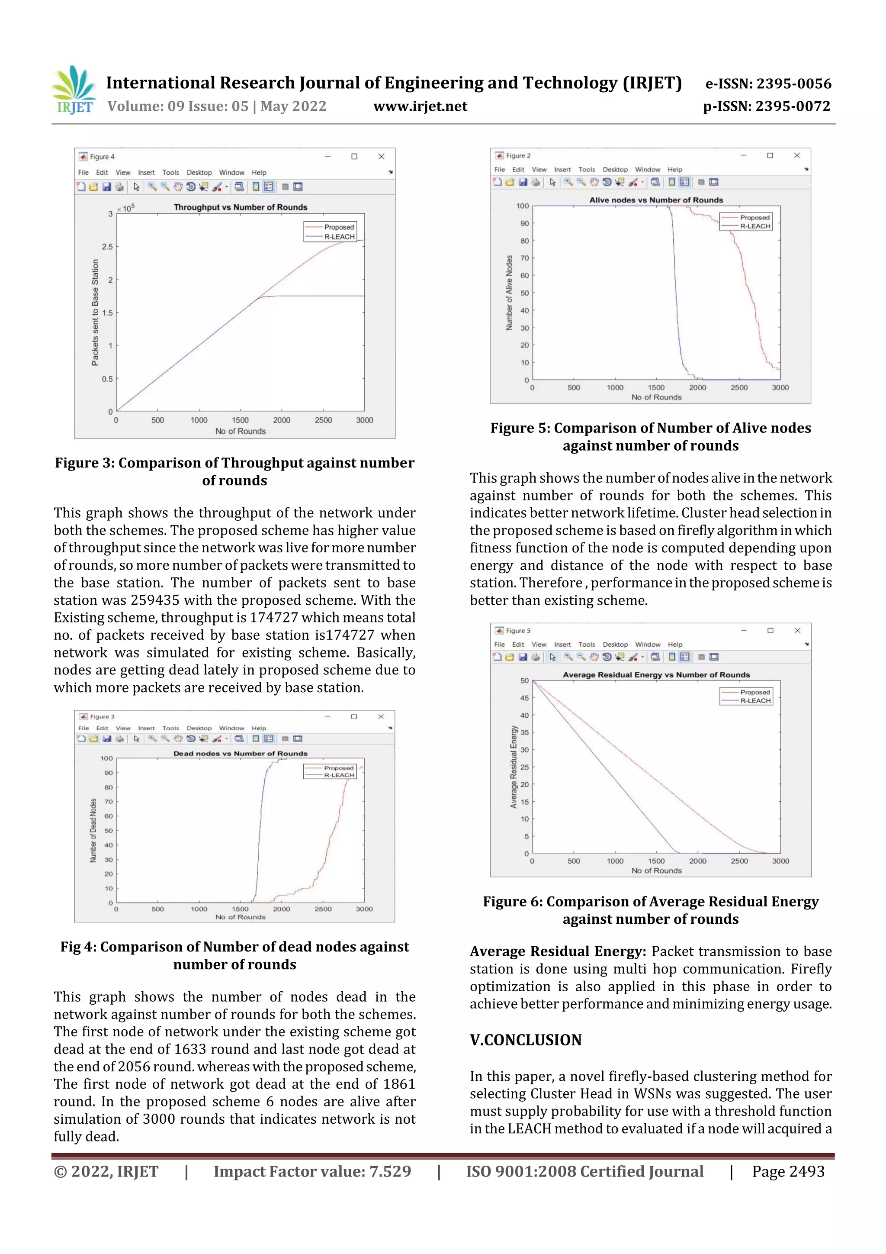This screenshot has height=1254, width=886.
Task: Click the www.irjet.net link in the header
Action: [x=420, y=106]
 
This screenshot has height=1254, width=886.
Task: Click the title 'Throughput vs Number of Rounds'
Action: [x=240, y=207]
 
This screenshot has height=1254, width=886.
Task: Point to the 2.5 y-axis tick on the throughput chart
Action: [x=107, y=247]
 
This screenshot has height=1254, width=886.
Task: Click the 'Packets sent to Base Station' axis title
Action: [x=95, y=313]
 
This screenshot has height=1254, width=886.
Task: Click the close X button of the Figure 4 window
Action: [x=381, y=157]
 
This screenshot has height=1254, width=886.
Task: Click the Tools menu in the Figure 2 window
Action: [x=586, y=170]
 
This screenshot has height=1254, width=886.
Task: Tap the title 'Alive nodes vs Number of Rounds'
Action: [x=655, y=200]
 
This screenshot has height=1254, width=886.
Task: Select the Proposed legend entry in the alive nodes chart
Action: [x=754, y=217]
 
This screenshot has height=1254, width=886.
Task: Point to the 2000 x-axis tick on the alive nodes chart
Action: [x=697, y=388]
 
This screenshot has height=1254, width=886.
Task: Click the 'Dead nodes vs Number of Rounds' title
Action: [x=240, y=754]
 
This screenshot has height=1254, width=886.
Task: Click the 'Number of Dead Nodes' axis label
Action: [x=93, y=830]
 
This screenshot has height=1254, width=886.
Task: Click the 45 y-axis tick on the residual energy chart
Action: [x=524, y=698]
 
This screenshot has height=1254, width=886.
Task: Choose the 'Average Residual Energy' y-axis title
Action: [x=513, y=767]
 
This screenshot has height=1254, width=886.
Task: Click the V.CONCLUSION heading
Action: [x=525, y=1040]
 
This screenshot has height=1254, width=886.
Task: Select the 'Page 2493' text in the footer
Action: [x=788, y=1171]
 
